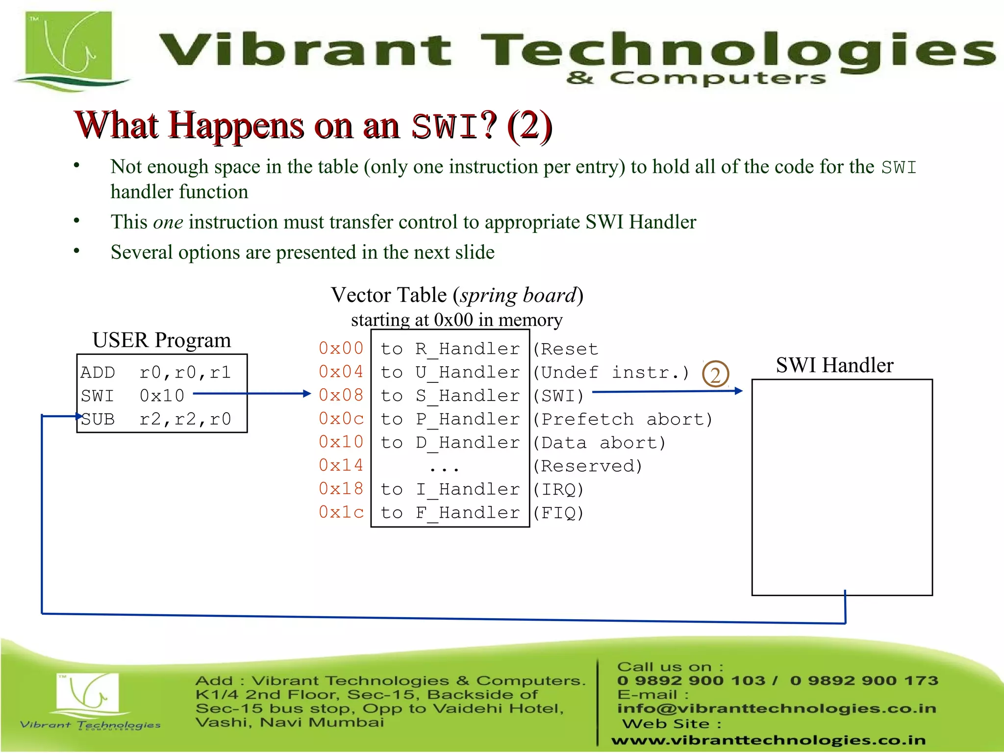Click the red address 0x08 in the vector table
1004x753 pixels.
[x=341, y=395]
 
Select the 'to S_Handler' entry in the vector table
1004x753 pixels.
[x=450, y=396]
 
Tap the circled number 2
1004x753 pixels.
[x=715, y=375]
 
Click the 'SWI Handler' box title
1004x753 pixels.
[x=834, y=365]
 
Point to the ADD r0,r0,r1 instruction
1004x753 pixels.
[x=156, y=373]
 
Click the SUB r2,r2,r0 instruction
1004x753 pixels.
[x=156, y=420]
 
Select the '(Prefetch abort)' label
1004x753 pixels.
[x=623, y=420]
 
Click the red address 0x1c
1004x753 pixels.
[x=341, y=512]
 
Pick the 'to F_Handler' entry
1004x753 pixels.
[x=450, y=513]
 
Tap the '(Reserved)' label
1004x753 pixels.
[x=587, y=466]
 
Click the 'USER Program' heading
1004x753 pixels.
[x=161, y=340]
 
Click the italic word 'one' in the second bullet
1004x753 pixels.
[x=168, y=222]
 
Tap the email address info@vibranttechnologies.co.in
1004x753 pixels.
[x=777, y=708]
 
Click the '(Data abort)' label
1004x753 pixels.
[x=599, y=443]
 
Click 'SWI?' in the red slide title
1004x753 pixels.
[x=453, y=126]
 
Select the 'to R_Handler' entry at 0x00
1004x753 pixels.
[x=450, y=349]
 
